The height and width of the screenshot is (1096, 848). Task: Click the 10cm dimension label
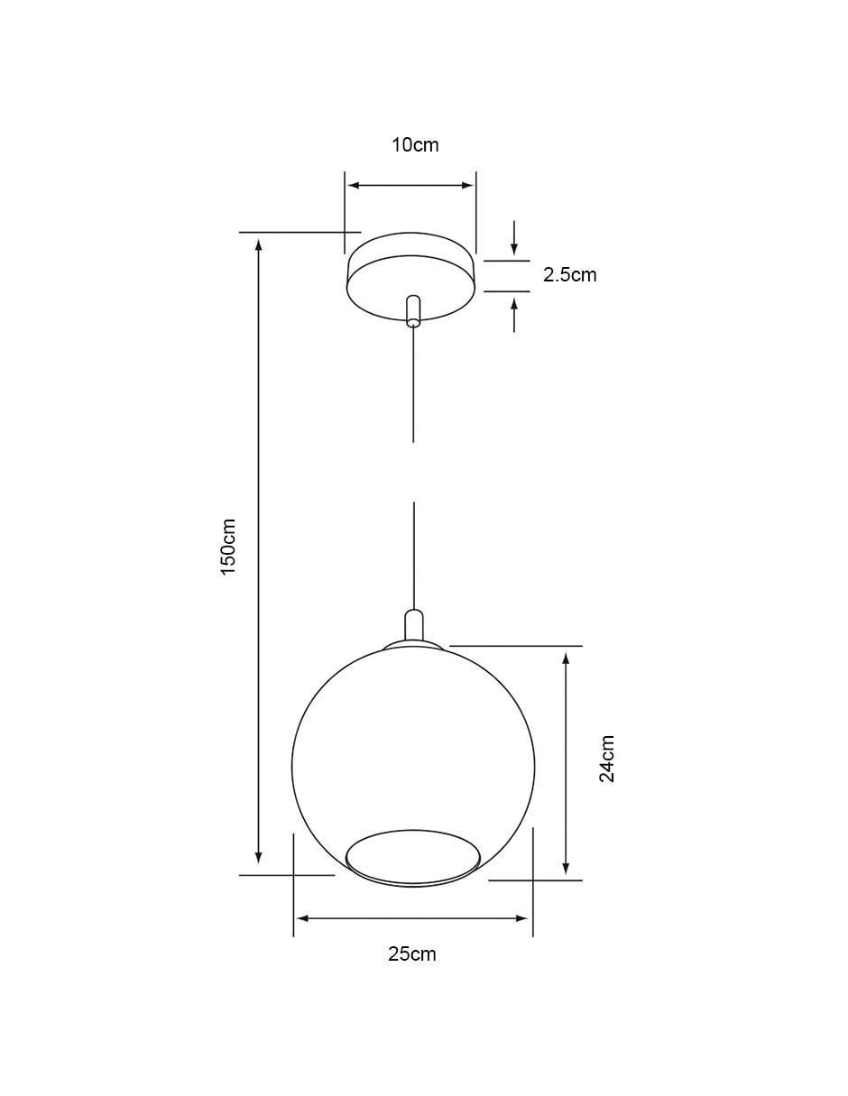coord(415,145)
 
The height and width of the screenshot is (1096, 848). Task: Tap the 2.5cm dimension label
coord(570,275)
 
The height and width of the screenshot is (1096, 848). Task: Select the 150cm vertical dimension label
coord(228,547)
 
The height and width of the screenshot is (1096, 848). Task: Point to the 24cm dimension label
coord(606,758)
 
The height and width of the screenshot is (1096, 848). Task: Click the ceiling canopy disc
coord(411,276)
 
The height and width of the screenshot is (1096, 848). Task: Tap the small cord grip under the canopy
coord(413,310)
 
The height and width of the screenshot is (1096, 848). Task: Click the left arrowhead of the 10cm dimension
coord(354,186)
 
